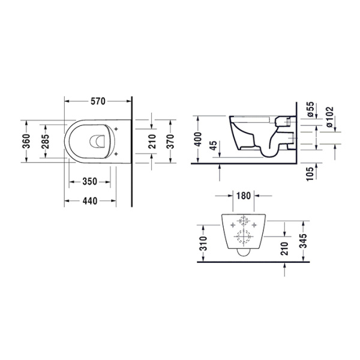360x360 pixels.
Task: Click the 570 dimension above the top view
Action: point(98,101)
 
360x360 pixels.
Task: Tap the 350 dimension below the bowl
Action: point(90,181)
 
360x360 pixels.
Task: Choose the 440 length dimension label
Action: point(90,201)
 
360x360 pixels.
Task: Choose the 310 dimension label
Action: point(203,242)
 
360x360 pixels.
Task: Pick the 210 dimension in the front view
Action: point(284,247)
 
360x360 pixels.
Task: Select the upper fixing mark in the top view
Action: point(116,127)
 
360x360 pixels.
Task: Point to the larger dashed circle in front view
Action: point(244,238)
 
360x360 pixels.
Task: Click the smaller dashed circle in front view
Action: point(244,220)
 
